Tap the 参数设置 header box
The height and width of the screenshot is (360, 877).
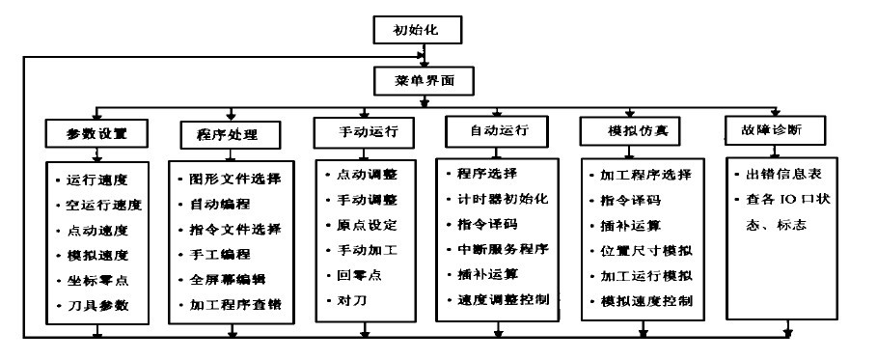[x=95, y=130]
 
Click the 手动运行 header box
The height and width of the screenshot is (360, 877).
[x=364, y=130]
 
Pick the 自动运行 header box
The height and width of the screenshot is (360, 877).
[x=495, y=128]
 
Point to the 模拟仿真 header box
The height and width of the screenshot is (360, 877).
[x=637, y=130]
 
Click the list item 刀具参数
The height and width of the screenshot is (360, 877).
[x=105, y=306]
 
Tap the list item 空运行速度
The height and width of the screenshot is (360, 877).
[x=105, y=206]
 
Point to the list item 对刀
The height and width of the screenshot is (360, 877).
[x=343, y=300]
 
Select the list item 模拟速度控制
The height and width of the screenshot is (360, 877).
[x=645, y=301]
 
